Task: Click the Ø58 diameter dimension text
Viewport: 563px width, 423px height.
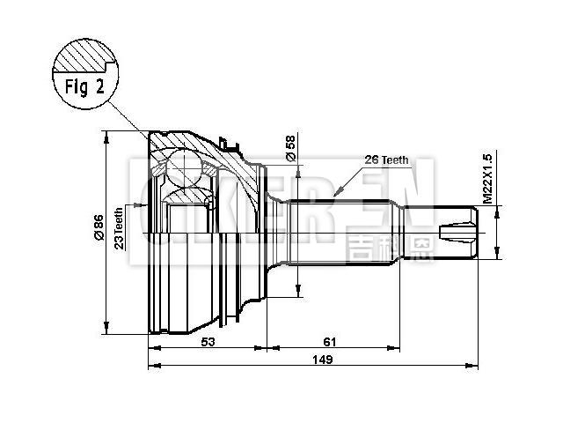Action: (x=290, y=149)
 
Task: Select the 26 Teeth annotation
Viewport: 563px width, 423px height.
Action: (x=387, y=160)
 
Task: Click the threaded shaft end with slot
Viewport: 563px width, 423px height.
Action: (x=459, y=234)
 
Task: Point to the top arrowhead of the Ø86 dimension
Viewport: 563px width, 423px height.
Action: (x=106, y=134)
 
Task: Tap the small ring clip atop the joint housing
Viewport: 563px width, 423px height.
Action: (x=227, y=141)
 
